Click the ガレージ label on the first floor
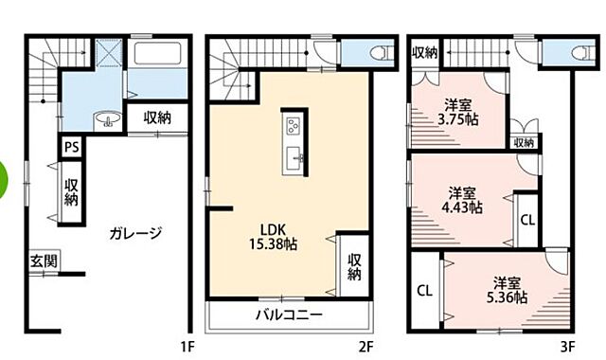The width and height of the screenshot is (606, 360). (x=135, y=232)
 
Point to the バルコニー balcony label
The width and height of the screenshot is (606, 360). (x=288, y=315)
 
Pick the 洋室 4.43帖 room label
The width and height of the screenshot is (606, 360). (x=464, y=198)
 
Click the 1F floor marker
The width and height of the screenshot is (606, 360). (x=187, y=347)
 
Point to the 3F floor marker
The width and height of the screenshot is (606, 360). (x=566, y=347)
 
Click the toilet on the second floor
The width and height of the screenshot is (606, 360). (x=380, y=53)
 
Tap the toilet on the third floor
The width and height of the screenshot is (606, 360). (x=579, y=53)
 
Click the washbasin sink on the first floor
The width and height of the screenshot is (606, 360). (x=107, y=119)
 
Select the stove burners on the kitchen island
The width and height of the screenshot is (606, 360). (x=292, y=124)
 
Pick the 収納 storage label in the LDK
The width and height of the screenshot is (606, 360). (x=353, y=267)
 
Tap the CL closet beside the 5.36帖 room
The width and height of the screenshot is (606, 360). (x=425, y=289)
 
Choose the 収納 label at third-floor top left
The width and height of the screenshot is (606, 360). (x=425, y=52)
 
